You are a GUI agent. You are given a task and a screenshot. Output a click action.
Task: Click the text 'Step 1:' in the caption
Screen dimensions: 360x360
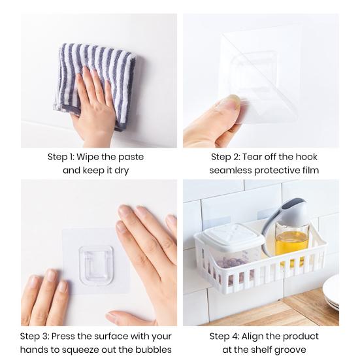62,157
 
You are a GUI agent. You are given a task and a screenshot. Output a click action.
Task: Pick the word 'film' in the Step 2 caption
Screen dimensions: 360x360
309,170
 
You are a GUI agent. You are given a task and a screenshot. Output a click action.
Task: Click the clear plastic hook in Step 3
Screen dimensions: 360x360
96,265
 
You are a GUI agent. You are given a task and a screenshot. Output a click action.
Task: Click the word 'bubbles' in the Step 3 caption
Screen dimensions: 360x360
154,350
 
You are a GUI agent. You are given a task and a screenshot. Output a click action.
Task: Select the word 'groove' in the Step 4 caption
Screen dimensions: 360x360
291,350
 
